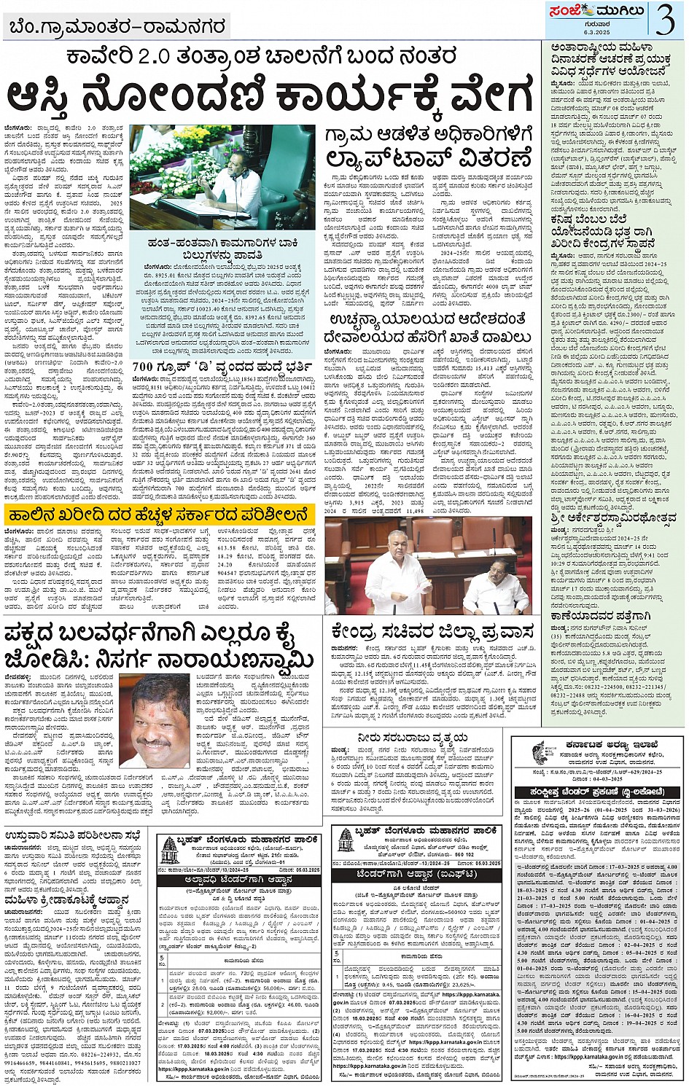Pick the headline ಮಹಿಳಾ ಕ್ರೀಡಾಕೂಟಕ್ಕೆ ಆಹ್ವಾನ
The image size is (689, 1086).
(66, 901)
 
